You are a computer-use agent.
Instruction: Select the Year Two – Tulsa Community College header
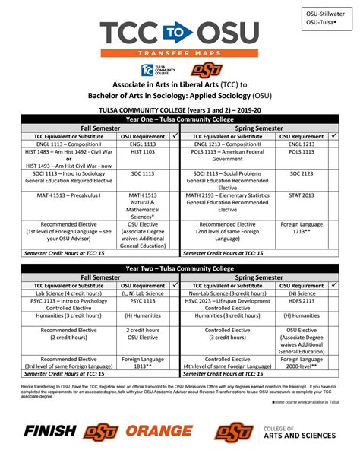[x=180, y=267]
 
